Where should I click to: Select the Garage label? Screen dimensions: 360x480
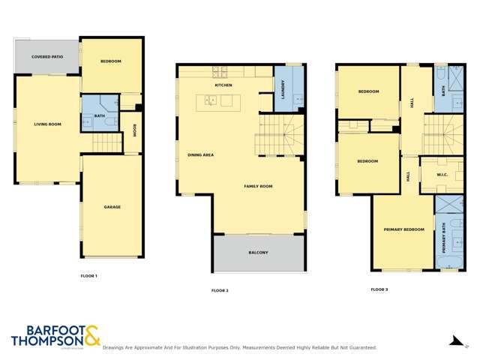(x=112, y=207)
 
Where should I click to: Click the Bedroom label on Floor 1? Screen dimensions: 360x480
(x=111, y=61)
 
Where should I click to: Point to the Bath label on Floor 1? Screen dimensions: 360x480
(x=100, y=115)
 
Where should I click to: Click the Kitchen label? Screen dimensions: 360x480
(x=223, y=85)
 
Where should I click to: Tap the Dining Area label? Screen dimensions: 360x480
(x=201, y=155)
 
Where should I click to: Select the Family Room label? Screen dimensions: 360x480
(x=258, y=185)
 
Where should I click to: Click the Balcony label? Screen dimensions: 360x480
(x=259, y=253)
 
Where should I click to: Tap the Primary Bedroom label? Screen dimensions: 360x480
(x=403, y=229)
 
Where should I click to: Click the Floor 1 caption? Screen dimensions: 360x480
(x=89, y=276)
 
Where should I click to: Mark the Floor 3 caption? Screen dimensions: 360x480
(x=379, y=289)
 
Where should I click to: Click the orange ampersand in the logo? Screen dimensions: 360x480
(x=91, y=335)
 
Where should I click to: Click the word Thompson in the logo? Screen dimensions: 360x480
(x=46, y=341)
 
